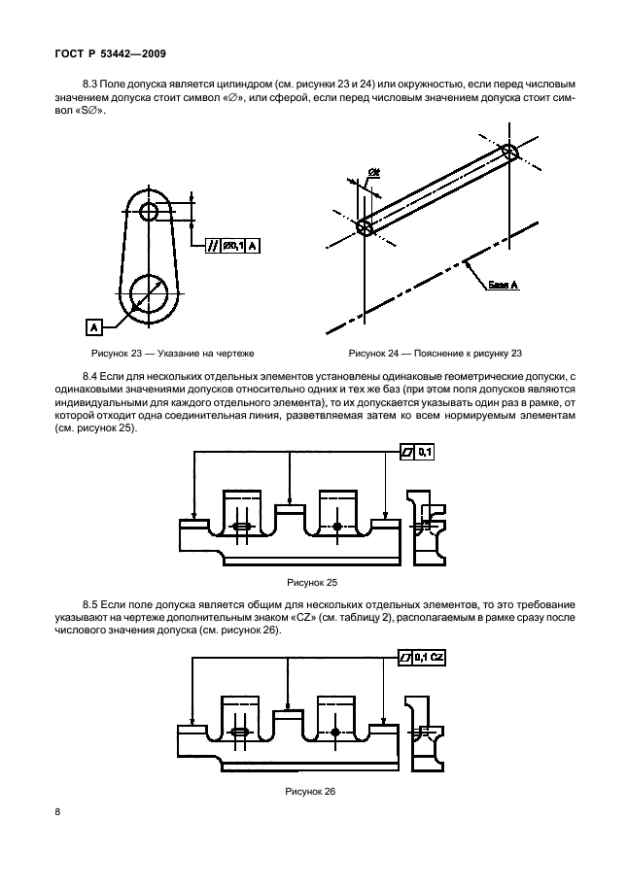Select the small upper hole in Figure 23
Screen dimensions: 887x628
click(151, 212)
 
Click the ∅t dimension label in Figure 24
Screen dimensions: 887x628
click(373, 175)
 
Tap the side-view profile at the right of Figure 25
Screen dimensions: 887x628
click(429, 529)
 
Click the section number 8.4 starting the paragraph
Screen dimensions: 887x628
click(94, 374)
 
